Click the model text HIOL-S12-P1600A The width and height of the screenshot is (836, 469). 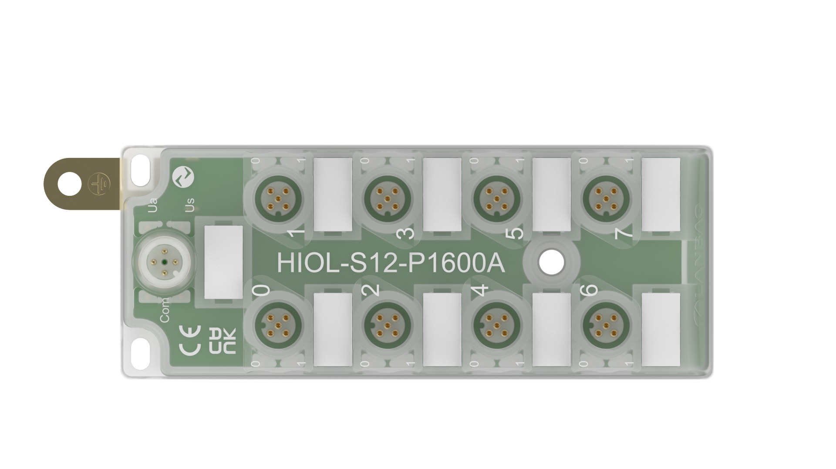point(391,263)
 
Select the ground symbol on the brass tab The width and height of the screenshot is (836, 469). point(100,184)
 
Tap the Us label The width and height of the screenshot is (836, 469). point(189,205)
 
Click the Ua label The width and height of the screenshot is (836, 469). point(152,205)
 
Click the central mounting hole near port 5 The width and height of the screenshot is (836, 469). point(551,262)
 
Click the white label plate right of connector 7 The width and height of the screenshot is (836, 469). point(661,194)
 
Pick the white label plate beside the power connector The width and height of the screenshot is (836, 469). point(223,262)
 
